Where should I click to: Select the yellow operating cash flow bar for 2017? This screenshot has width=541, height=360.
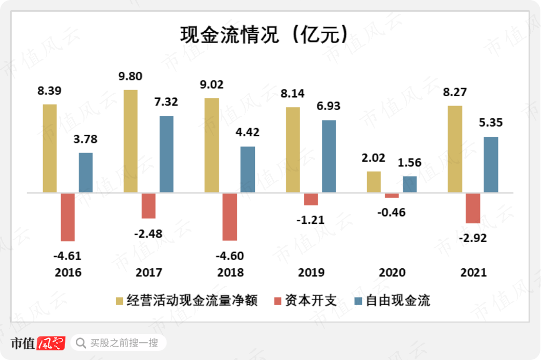(x=131, y=141)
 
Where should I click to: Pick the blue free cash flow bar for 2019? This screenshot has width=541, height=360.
(x=329, y=157)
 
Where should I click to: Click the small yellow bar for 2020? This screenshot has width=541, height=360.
(x=374, y=182)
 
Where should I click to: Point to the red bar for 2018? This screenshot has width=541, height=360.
(x=230, y=217)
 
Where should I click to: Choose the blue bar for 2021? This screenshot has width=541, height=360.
(x=491, y=165)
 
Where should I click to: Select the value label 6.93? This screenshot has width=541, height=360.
(x=328, y=107)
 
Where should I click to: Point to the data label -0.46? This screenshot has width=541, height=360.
(x=392, y=211)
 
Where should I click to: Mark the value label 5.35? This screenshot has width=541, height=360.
(x=490, y=123)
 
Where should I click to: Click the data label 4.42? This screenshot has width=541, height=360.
(x=247, y=132)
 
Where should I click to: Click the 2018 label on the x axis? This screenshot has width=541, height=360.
(x=230, y=272)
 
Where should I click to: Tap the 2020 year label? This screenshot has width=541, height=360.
(x=392, y=272)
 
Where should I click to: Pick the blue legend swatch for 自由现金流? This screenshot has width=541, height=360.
(x=358, y=301)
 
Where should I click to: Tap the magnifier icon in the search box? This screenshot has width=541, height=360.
(x=80, y=343)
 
